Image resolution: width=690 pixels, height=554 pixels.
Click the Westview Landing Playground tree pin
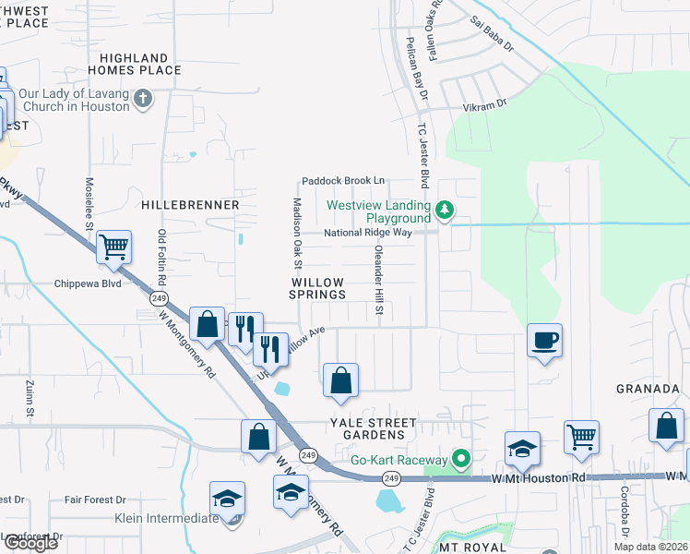(x=446, y=211)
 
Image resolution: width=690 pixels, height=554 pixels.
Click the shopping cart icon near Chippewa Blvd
(x=114, y=248)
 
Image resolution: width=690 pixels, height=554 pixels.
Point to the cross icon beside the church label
(x=143, y=99)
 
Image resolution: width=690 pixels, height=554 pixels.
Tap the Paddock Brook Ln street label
(x=340, y=180)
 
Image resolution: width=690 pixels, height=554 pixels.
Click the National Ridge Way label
(x=367, y=233)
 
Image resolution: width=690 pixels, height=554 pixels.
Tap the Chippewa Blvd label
(x=88, y=284)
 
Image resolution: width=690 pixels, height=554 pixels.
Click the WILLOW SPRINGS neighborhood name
(x=318, y=288)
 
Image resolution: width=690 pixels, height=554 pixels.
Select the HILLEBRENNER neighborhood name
(x=191, y=204)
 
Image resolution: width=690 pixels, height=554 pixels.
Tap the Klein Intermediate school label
(x=166, y=519)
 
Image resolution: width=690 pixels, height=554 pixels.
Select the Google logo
(x=30, y=542)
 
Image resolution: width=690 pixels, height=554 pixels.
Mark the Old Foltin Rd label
(x=162, y=258)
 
